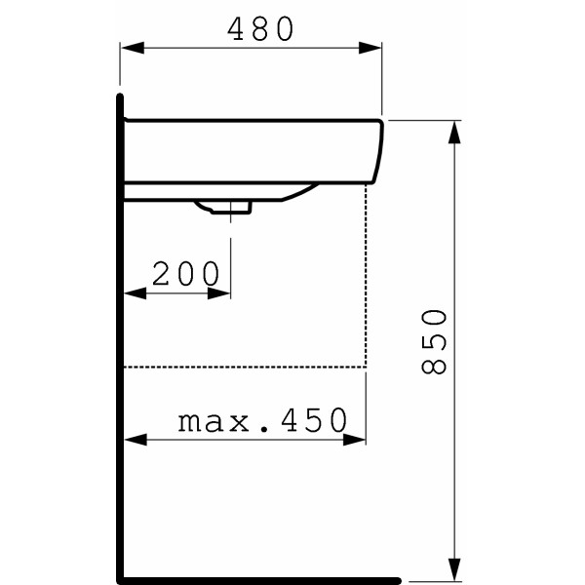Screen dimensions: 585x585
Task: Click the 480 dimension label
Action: [260, 30]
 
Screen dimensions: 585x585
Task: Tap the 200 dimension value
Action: [186, 275]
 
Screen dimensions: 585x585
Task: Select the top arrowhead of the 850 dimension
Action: [453, 130]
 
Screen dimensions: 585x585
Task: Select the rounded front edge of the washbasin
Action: [377, 151]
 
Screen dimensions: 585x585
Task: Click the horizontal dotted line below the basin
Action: [244, 368]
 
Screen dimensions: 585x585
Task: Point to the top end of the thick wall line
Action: [120, 97]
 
